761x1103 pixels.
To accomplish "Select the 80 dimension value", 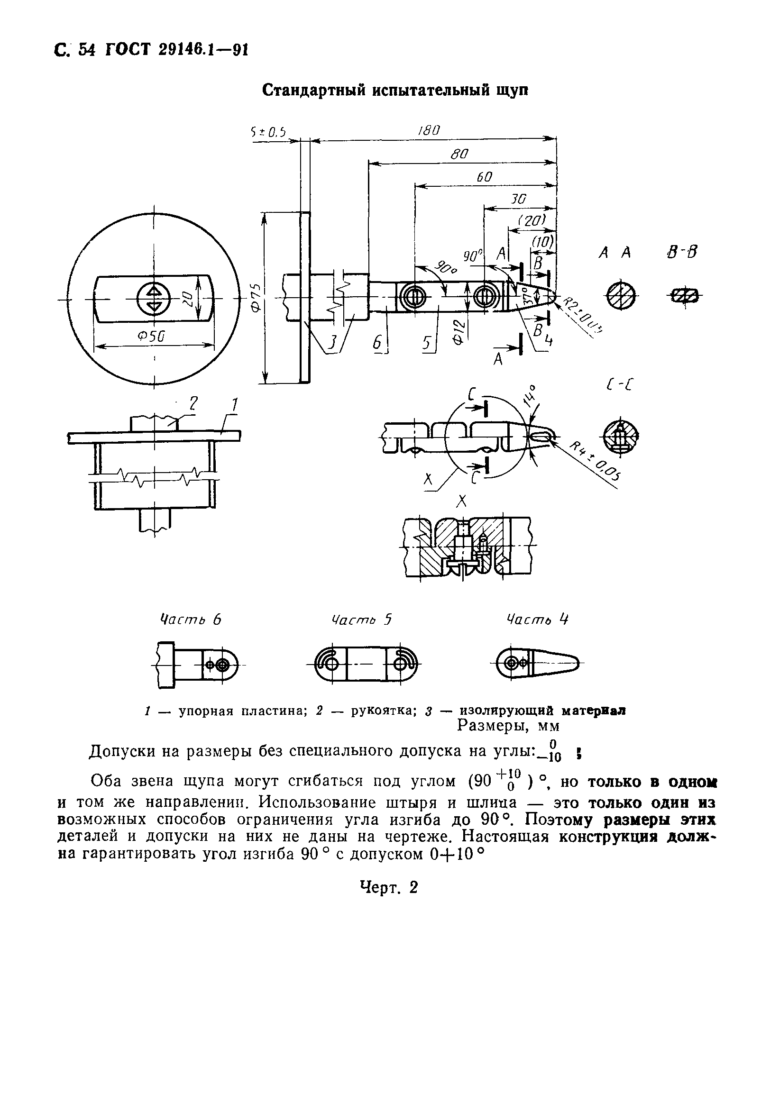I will [x=459, y=155].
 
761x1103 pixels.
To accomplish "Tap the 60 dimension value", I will [x=484, y=177].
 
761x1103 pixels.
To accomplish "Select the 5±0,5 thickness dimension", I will [x=268, y=133].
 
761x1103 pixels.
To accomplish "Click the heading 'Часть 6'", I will [x=190, y=619].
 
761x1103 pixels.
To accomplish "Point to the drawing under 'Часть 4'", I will [x=536, y=663].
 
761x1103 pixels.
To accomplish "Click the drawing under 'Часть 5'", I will [x=365, y=663].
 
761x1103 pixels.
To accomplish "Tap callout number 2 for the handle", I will [x=193, y=404].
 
